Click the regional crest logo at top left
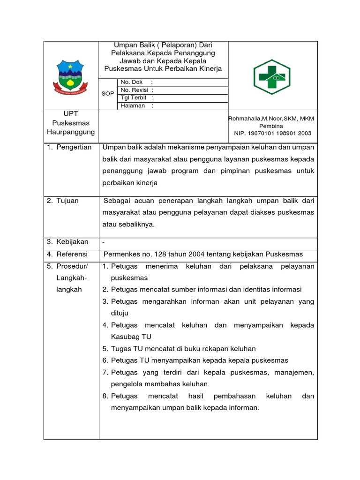pos(70,75)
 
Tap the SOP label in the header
pos(108,93)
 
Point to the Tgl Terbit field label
pos(134,97)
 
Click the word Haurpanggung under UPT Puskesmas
pos(71,132)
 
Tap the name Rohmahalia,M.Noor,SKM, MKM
pos(271,119)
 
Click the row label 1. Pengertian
pos(69,148)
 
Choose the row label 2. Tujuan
pos(62,201)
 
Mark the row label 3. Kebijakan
pos(67,242)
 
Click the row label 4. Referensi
pos(67,254)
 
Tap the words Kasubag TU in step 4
pos(131,337)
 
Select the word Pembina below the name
pos(272,126)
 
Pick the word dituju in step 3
pos(120,313)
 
